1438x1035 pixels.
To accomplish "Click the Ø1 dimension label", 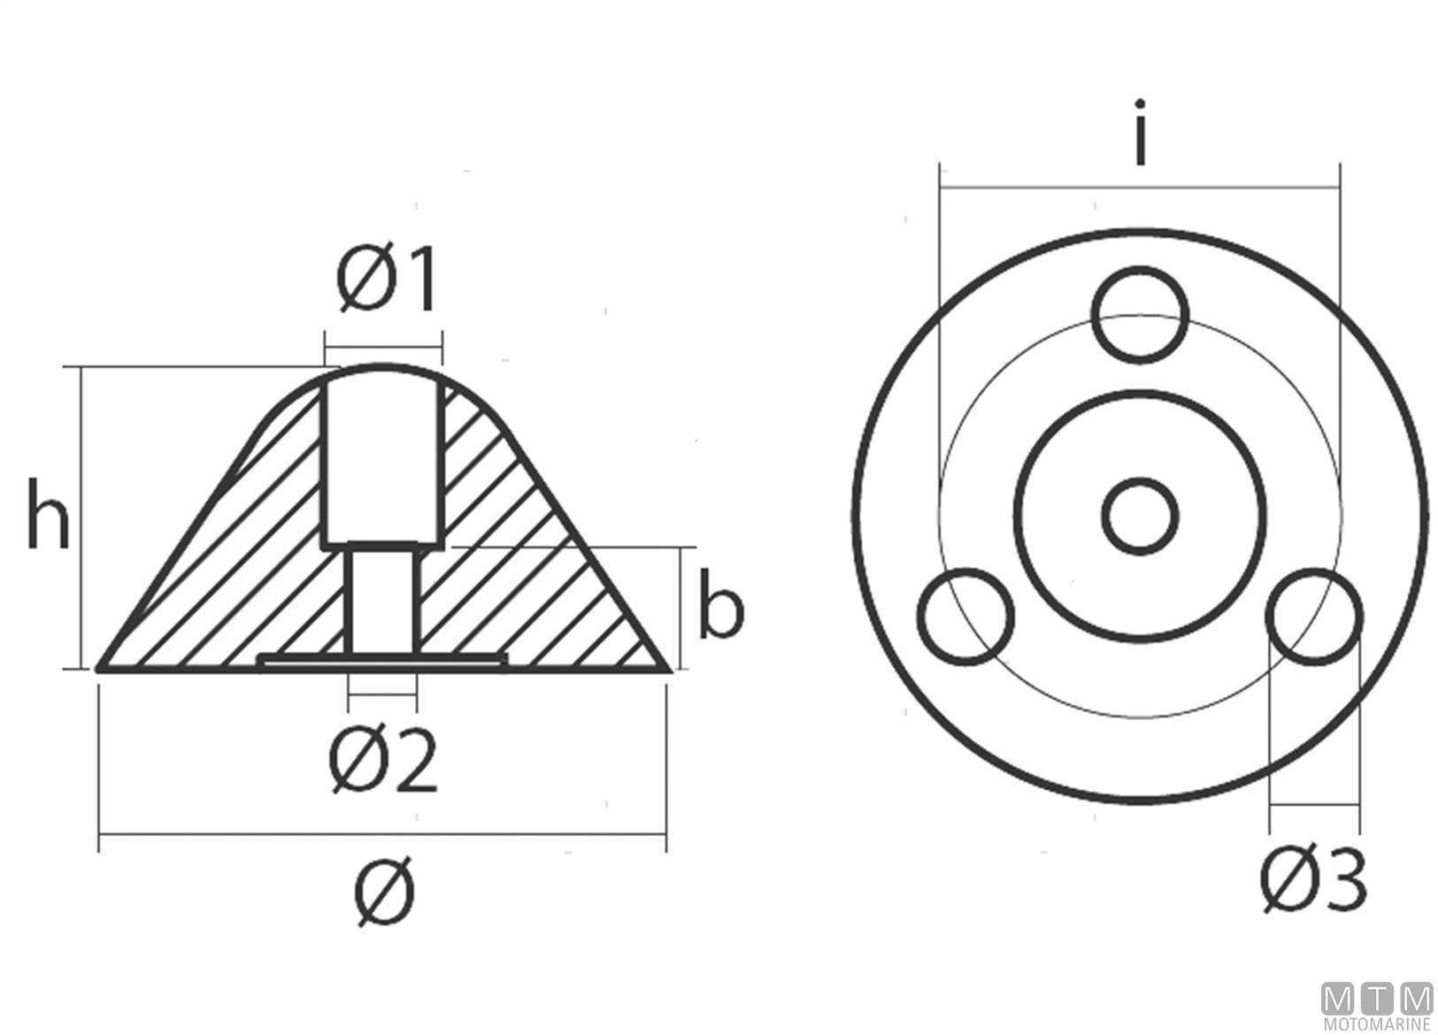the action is pos(387,279).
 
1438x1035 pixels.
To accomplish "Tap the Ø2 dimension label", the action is pos(383,761).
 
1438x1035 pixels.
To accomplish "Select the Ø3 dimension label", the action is pos(1313,879).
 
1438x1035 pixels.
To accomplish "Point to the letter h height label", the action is pos(48,515).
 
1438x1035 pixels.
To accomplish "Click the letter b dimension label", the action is pos(721,603).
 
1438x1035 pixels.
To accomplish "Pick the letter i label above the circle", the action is pos(1140,132).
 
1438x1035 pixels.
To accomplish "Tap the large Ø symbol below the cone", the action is pos(385,891).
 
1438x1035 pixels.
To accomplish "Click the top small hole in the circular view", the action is pos(1140,314).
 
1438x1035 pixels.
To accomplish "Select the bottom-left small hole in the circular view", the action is pos(965,617).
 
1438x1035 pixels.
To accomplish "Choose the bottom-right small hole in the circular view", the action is pos(1314,617).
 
